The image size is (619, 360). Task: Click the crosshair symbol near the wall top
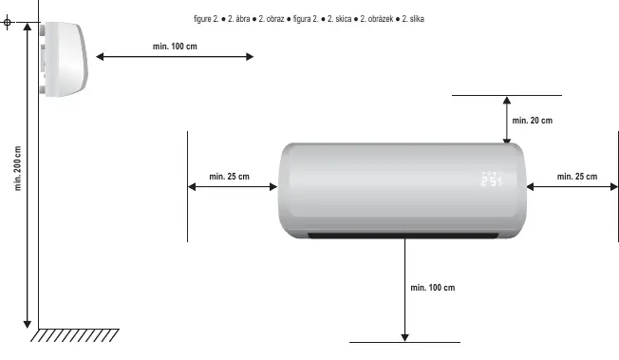click(7, 22)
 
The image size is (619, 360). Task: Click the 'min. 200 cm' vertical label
click(18, 168)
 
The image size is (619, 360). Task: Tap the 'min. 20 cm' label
click(533, 121)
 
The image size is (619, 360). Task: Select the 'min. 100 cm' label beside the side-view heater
click(175, 47)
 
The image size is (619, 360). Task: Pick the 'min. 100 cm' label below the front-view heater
click(433, 288)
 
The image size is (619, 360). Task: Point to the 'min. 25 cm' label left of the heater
click(230, 177)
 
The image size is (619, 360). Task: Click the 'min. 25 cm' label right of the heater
click(577, 177)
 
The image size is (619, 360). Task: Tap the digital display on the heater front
click(492, 179)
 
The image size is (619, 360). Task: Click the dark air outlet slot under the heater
click(403, 236)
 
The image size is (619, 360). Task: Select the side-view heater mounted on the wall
click(64, 59)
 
